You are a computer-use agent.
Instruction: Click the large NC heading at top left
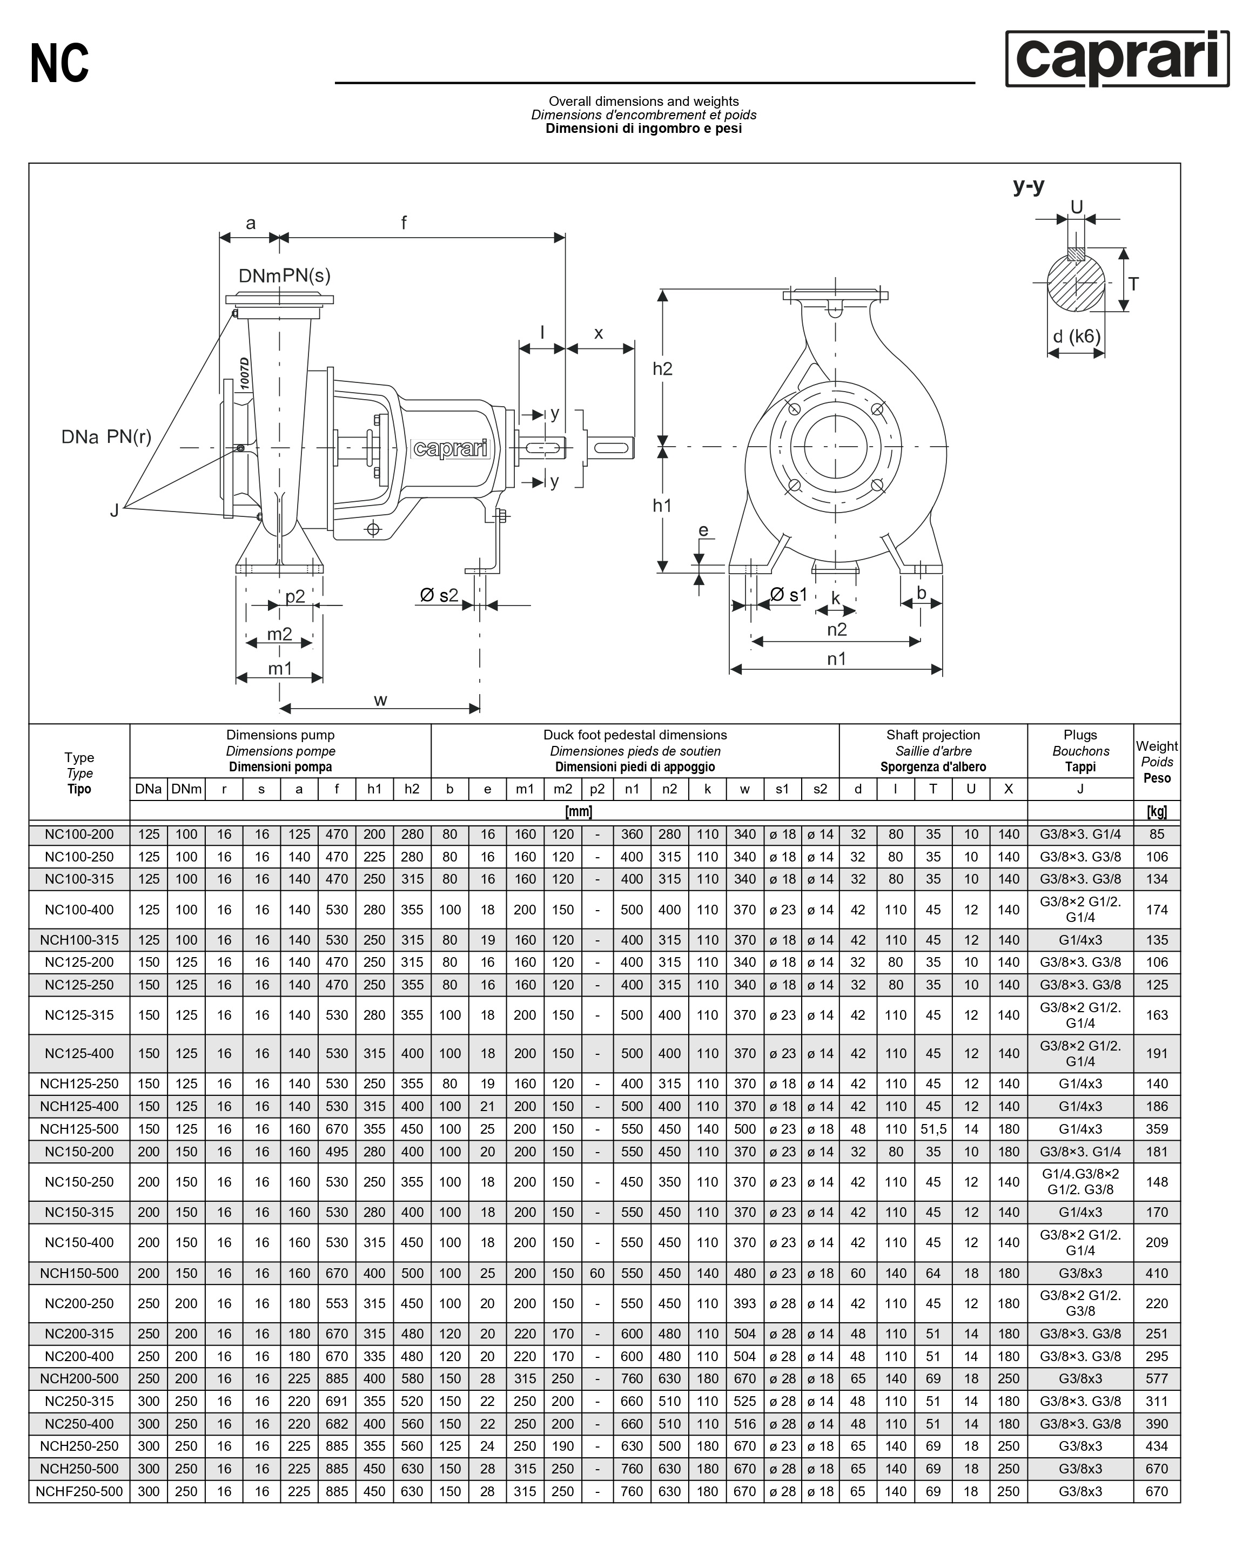[x=59, y=64]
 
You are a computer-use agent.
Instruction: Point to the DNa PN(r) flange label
[x=106, y=437]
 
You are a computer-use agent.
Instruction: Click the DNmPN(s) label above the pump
[x=284, y=275]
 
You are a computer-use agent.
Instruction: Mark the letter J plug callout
[x=115, y=511]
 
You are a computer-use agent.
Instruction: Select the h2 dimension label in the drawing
[x=662, y=369]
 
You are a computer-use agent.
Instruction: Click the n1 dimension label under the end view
[x=836, y=658]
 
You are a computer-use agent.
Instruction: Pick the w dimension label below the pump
[x=380, y=699]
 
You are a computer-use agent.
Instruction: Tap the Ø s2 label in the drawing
[x=439, y=595]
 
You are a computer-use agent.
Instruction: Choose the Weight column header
[x=1156, y=761]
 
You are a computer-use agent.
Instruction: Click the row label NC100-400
[x=79, y=910]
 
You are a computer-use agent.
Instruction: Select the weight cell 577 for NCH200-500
[x=1156, y=1379]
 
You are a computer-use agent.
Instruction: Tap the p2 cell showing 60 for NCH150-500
[x=597, y=1273]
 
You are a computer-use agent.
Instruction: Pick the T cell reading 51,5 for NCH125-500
[x=932, y=1129]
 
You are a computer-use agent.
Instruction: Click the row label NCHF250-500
[x=79, y=1491]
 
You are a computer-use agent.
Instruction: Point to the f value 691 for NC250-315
[x=337, y=1401]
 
